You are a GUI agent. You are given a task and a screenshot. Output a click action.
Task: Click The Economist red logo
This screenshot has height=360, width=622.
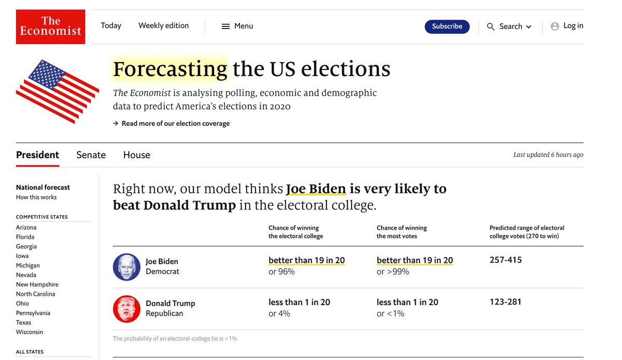pyautogui.click(x=50, y=26)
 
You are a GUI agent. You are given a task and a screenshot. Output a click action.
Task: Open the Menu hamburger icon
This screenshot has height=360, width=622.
pyautogui.click(x=225, y=26)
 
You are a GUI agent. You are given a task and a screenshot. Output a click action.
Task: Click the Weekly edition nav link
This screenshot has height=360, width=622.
pyautogui.click(x=163, y=26)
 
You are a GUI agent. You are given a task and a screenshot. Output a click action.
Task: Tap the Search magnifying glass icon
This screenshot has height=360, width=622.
pyautogui.click(x=490, y=27)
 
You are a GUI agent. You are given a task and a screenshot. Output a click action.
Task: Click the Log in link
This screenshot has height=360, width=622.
pyautogui.click(x=573, y=26)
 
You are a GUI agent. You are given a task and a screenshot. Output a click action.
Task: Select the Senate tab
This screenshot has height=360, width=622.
pyautogui.click(x=91, y=155)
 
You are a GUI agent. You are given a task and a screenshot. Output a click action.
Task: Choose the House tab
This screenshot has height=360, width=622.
pyautogui.click(x=136, y=155)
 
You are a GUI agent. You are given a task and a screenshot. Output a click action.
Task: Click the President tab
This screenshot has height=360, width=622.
pyautogui.click(x=37, y=155)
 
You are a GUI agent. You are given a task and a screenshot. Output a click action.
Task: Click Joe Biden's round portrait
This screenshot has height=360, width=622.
pyautogui.click(x=126, y=267)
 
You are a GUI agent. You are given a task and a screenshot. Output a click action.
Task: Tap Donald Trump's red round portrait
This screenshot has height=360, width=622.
pyautogui.click(x=126, y=309)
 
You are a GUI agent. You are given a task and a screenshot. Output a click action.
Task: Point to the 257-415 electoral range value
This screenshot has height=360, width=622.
pyautogui.click(x=505, y=260)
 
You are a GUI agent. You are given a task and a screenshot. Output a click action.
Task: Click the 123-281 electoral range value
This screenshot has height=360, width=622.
pyautogui.click(x=505, y=302)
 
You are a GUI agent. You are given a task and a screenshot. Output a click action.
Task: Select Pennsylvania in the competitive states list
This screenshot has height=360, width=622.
pyautogui.click(x=33, y=313)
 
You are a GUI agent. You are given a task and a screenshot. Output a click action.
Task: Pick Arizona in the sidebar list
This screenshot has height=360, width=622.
pyautogui.click(x=26, y=227)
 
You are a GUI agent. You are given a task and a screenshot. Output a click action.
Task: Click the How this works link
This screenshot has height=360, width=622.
pyautogui.click(x=36, y=197)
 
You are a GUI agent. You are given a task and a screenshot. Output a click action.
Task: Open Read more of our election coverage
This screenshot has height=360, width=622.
pyautogui.click(x=175, y=124)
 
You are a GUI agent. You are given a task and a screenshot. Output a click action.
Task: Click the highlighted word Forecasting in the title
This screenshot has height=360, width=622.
pyautogui.click(x=170, y=69)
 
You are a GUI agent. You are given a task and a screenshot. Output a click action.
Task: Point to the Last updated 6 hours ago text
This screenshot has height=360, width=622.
pyautogui.click(x=548, y=155)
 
